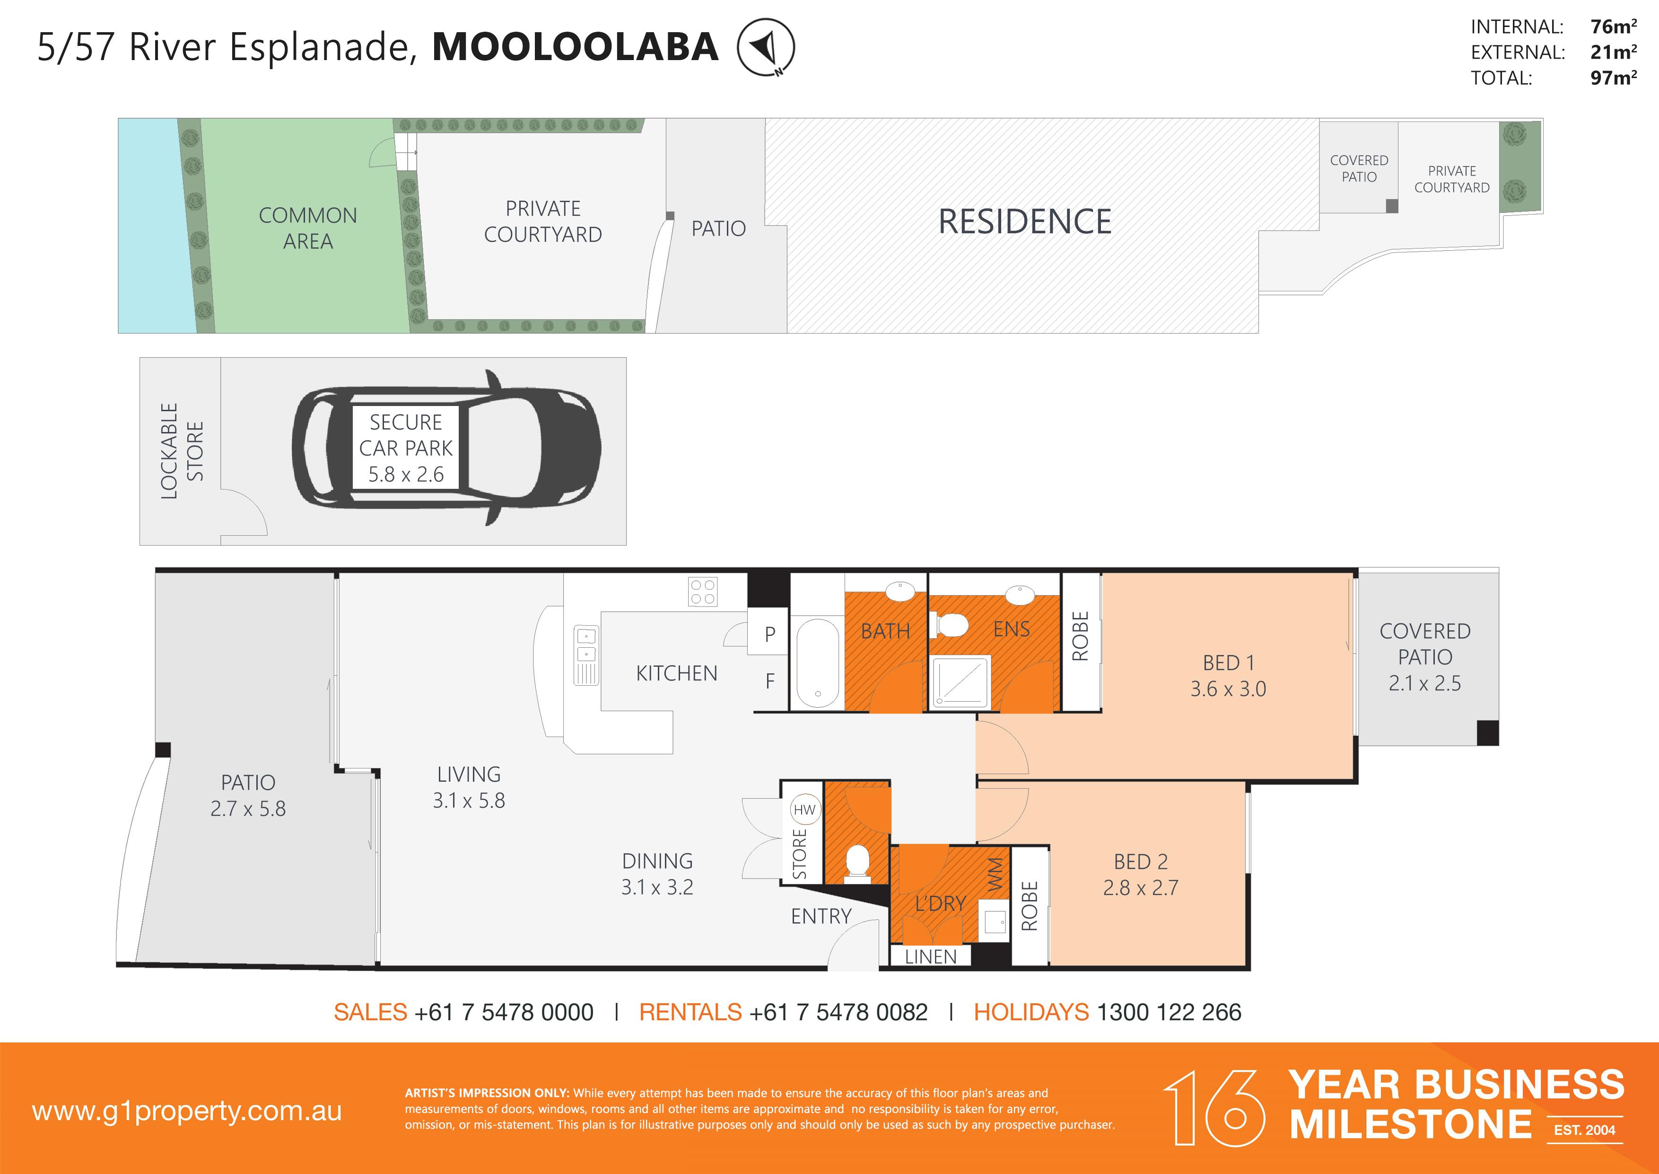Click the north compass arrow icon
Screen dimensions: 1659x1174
(x=765, y=47)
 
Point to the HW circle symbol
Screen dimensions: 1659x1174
(x=804, y=810)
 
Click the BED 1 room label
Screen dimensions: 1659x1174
(x=1228, y=662)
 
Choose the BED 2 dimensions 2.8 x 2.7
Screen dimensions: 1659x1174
(x=1140, y=888)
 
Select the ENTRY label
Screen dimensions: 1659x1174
(x=821, y=917)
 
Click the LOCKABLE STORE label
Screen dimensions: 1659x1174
(x=181, y=451)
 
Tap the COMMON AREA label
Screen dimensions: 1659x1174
(x=308, y=228)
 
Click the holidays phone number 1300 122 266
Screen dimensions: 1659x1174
(x=1169, y=1012)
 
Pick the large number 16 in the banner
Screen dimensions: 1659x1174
(x=1214, y=1108)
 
